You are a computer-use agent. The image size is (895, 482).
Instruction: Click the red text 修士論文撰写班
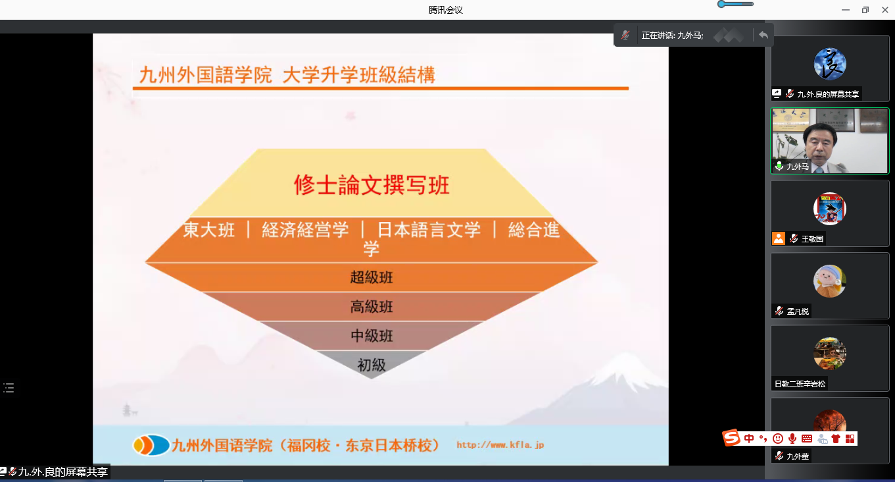pos(372,185)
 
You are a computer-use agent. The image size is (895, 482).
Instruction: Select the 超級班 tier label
pos(372,277)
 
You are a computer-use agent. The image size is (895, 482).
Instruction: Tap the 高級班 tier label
pos(372,307)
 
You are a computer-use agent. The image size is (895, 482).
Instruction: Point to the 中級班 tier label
pos(372,336)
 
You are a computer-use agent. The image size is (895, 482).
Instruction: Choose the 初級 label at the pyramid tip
pos(372,365)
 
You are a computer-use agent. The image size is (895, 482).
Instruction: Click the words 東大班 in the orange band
pos(209,230)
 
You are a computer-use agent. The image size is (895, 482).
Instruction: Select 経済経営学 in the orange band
pos(305,230)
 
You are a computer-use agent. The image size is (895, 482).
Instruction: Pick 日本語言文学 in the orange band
pos(429,230)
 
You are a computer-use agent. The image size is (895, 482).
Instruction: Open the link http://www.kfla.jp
pos(500,445)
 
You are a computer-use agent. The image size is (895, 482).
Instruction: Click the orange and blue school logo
pos(151,445)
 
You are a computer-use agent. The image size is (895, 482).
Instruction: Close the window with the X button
pos(884,10)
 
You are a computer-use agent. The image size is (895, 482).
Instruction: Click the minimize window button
pos(846,10)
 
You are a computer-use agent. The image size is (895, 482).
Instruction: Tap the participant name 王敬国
pos(812,239)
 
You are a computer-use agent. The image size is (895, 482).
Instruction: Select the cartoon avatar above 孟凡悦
pos(830,281)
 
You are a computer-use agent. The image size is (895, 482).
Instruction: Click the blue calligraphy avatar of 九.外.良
pos(830,64)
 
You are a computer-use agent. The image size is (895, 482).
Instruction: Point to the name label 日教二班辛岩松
pos(800,384)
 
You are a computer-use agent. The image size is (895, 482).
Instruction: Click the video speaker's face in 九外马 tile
pos(820,143)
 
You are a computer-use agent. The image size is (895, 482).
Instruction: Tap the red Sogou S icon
pos(731,438)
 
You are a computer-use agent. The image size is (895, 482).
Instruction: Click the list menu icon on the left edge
pos(9,388)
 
